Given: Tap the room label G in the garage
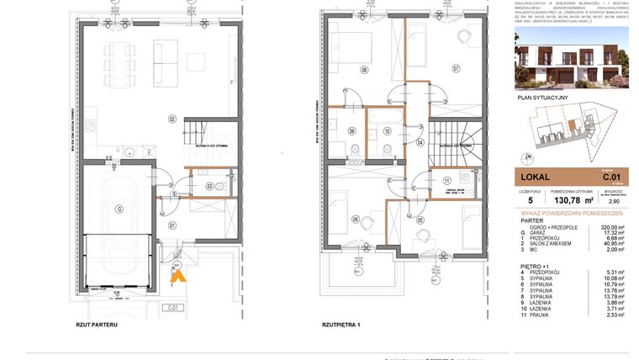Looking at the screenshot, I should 119,208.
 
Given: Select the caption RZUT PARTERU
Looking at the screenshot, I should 96,324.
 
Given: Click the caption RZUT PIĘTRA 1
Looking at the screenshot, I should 341,324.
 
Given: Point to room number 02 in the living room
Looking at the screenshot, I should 171,119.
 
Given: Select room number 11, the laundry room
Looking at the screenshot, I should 446,180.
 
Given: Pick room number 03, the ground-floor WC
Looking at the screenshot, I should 209,185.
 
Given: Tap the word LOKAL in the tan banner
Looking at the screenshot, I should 536,177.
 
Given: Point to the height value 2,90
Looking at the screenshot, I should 614,202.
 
